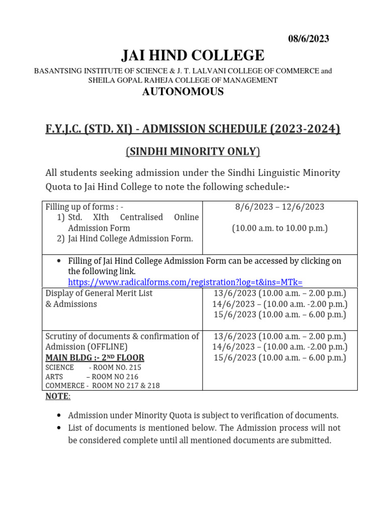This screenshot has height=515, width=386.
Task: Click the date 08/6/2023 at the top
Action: [308, 39]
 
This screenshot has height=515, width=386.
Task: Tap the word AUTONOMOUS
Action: [183, 92]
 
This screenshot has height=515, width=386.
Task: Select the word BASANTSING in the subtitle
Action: [57, 71]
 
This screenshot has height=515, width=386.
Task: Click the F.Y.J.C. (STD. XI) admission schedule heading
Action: [193, 129]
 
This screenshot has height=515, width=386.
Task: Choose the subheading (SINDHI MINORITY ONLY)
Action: [193, 152]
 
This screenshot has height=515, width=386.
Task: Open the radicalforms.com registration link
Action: [185, 282]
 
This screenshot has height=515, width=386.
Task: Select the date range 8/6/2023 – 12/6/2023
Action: [279, 207]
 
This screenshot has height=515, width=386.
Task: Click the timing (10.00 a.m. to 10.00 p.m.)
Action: [279, 228]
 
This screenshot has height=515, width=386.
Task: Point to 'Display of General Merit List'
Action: [99, 293]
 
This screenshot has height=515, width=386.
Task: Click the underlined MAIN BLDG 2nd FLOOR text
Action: [94, 358]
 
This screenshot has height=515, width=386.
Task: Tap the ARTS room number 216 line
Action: [91, 377]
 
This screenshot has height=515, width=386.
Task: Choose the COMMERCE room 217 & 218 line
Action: [102, 386]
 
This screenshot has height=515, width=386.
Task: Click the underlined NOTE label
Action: [58, 396]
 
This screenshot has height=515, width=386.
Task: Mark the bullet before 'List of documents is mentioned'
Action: [59, 428]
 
